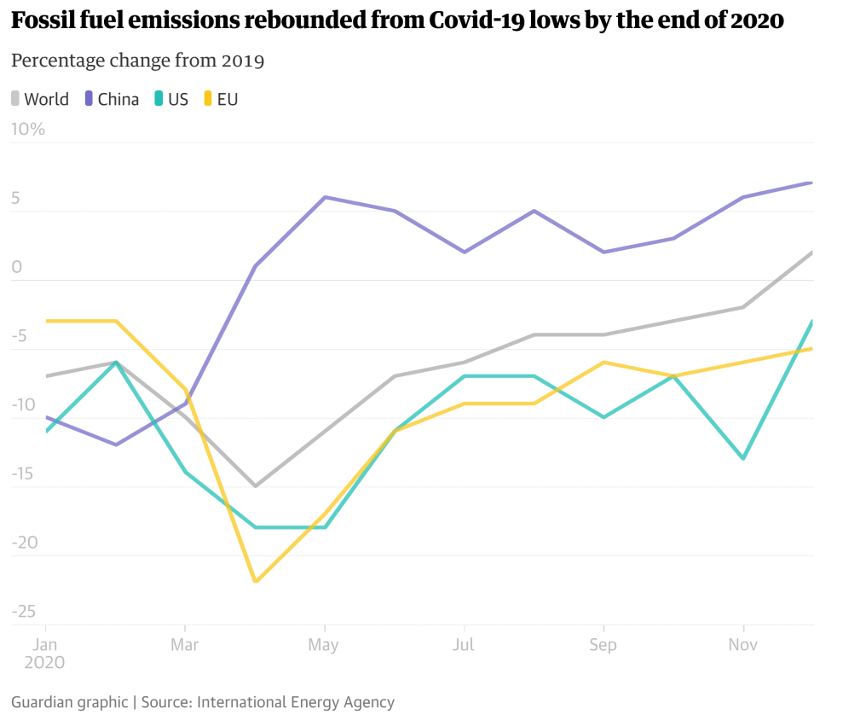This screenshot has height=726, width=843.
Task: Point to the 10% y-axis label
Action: (27, 130)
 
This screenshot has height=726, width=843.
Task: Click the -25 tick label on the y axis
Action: (24, 612)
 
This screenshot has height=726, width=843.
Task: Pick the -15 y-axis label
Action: (24, 474)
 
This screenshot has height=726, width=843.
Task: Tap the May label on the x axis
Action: (324, 645)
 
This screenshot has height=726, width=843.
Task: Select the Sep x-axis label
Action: (603, 645)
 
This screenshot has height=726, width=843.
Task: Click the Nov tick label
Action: (743, 645)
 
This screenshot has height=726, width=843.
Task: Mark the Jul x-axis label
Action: (464, 645)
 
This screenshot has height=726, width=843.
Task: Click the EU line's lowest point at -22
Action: (255, 582)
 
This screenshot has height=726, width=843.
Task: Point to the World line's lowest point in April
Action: (255, 486)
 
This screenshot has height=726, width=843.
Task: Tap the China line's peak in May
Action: (325, 197)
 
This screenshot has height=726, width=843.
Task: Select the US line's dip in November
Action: (744, 459)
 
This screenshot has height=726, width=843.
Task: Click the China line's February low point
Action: (115, 444)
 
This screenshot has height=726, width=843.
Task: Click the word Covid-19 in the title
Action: (478, 21)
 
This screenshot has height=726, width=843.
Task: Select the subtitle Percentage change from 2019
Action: (137, 61)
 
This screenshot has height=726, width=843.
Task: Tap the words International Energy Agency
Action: (296, 702)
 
